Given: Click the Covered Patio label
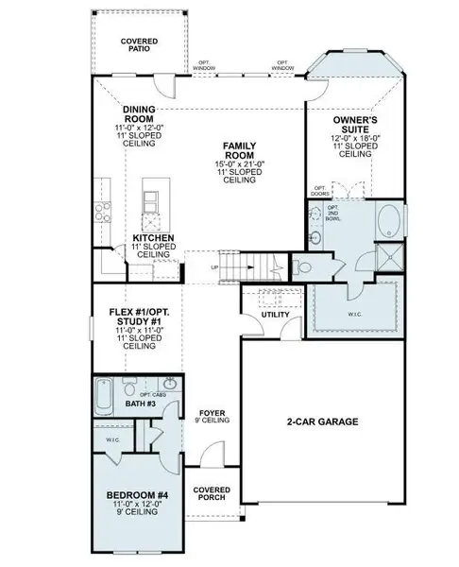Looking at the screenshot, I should pyautogui.click(x=140, y=44).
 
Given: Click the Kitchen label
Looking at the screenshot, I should pyautogui.click(x=152, y=238).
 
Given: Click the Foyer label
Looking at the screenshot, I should pyautogui.click(x=210, y=414).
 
